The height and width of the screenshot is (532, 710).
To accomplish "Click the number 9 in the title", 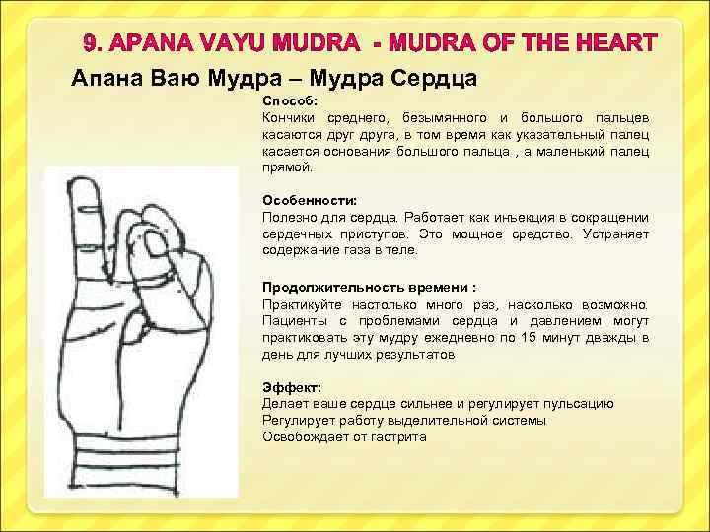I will [x=90, y=44].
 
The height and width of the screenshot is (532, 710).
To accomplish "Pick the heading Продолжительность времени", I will [x=366, y=287].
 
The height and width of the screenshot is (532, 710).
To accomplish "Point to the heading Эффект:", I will [x=287, y=387].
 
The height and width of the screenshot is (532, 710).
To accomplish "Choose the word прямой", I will [x=284, y=167].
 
